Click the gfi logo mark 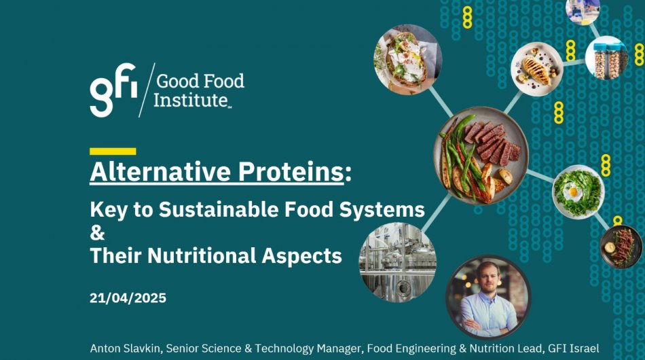[113, 90]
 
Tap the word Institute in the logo [191, 100]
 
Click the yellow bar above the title [113, 151]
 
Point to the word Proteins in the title [291, 171]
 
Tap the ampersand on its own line [97, 232]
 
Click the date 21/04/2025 [128, 298]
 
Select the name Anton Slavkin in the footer [126, 348]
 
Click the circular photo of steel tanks [398, 262]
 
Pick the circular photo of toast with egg [407, 59]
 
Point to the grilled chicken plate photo [537, 69]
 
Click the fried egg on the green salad [573, 192]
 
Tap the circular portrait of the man [488, 297]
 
